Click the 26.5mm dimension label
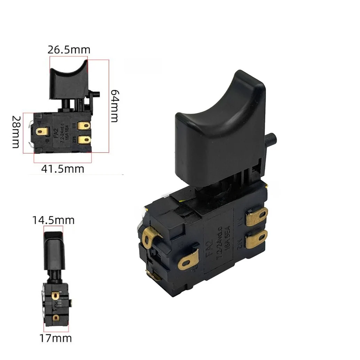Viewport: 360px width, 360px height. (69, 50)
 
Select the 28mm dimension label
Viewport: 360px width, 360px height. (16, 132)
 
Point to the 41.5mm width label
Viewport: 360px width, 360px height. (63, 169)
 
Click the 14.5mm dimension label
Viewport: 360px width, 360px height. (53, 220)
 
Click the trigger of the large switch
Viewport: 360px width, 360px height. (219, 132)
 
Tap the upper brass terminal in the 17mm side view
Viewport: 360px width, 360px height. (55, 296)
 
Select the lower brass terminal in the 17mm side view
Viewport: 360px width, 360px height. (55, 318)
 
